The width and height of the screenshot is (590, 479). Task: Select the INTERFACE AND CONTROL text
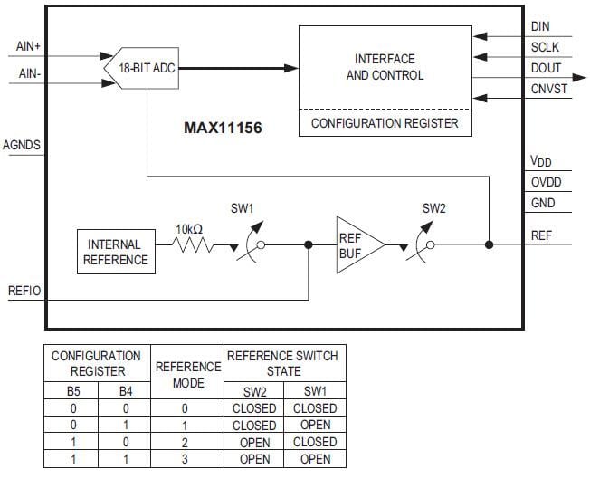click(385, 67)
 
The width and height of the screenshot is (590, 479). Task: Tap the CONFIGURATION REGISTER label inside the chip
click(385, 122)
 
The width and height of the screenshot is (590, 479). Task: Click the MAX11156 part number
click(223, 129)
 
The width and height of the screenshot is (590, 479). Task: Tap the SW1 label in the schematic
click(242, 208)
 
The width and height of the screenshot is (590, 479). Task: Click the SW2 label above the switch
click(434, 208)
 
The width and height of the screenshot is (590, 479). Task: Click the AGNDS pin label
click(22, 144)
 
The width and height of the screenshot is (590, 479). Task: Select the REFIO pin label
click(24, 292)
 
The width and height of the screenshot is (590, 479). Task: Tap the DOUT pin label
click(546, 68)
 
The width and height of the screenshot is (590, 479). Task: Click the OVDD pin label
click(546, 183)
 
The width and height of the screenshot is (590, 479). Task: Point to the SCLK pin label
click(546, 48)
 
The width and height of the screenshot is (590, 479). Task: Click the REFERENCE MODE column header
click(188, 374)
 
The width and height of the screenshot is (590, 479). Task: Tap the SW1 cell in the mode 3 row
click(315, 459)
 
